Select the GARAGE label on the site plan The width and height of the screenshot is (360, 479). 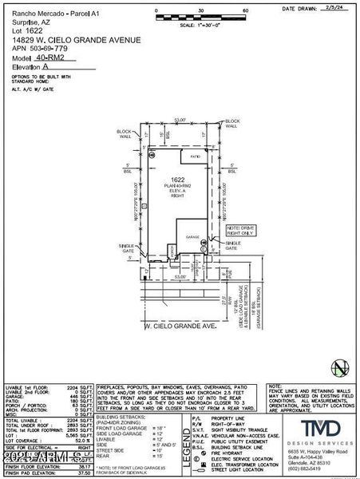[192, 237]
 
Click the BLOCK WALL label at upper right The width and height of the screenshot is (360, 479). [231, 124]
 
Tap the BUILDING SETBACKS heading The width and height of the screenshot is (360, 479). [117, 417]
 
